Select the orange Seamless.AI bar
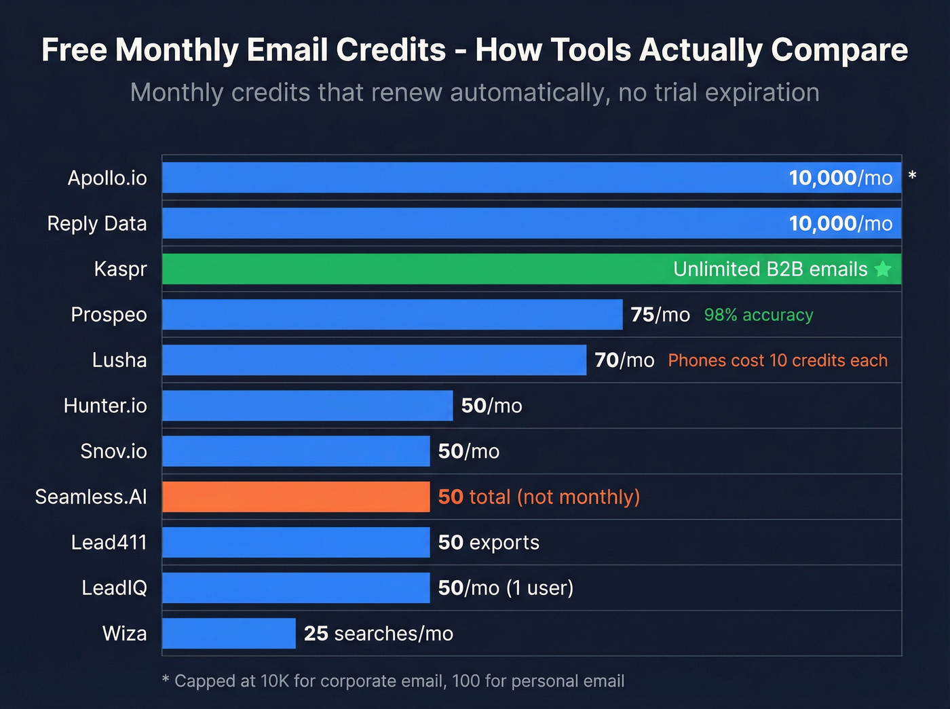296,497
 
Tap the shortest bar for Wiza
229,633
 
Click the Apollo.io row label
107,178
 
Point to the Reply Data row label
97,223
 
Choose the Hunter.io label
105,406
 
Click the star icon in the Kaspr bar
883,269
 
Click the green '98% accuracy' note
758,315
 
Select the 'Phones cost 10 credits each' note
778,360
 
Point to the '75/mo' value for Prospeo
660,315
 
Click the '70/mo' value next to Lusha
624,360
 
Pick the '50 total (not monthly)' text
539,497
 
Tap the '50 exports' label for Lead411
489,542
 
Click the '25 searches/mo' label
378,633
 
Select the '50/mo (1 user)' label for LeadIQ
506,588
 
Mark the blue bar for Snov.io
296,451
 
